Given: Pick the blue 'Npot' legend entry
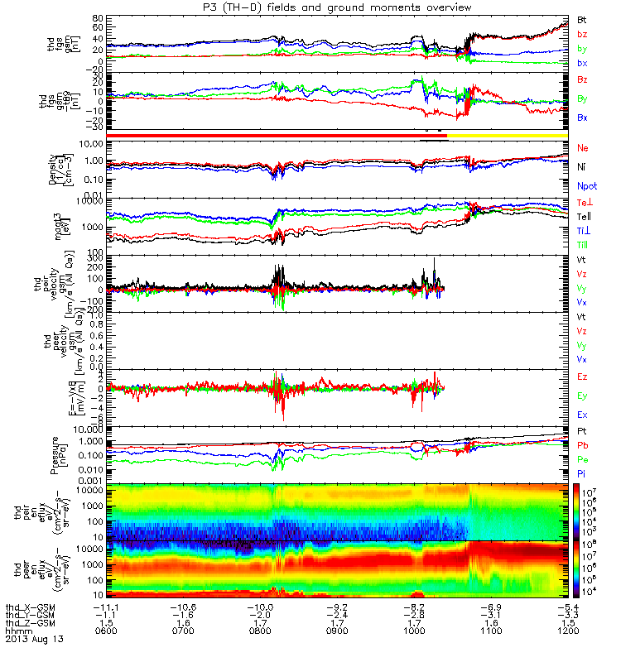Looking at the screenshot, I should coord(586,187).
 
